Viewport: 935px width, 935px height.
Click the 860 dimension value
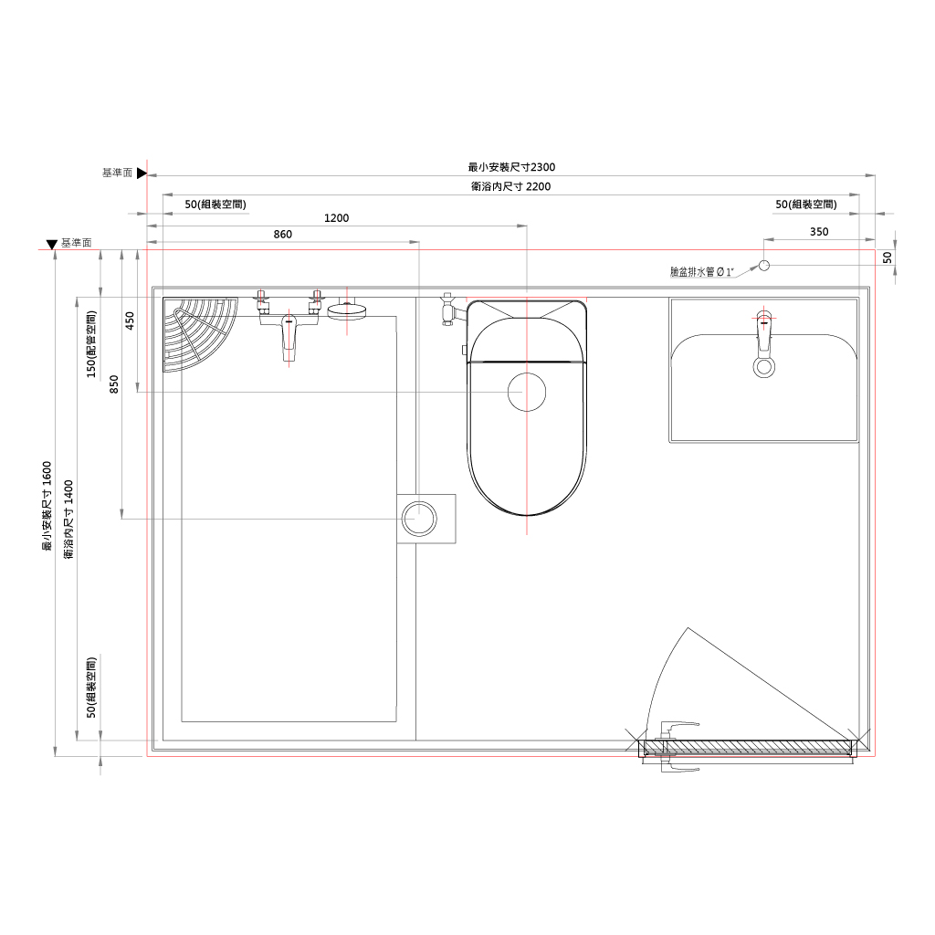(x=283, y=235)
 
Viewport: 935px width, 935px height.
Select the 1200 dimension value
(x=336, y=218)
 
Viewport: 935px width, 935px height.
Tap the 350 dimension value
(x=819, y=232)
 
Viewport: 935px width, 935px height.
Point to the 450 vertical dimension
(x=130, y=320)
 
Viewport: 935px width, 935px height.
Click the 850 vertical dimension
(x=114, y=384)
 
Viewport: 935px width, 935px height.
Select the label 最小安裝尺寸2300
(x=511, y=168)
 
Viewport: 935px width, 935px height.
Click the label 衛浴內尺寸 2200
(x=511, y=186)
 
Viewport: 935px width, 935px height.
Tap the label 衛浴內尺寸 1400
(x=68, y=520)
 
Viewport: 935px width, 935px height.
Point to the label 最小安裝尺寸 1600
(x=47, y=506)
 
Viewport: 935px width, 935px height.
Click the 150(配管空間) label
(x=91, y=344)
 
